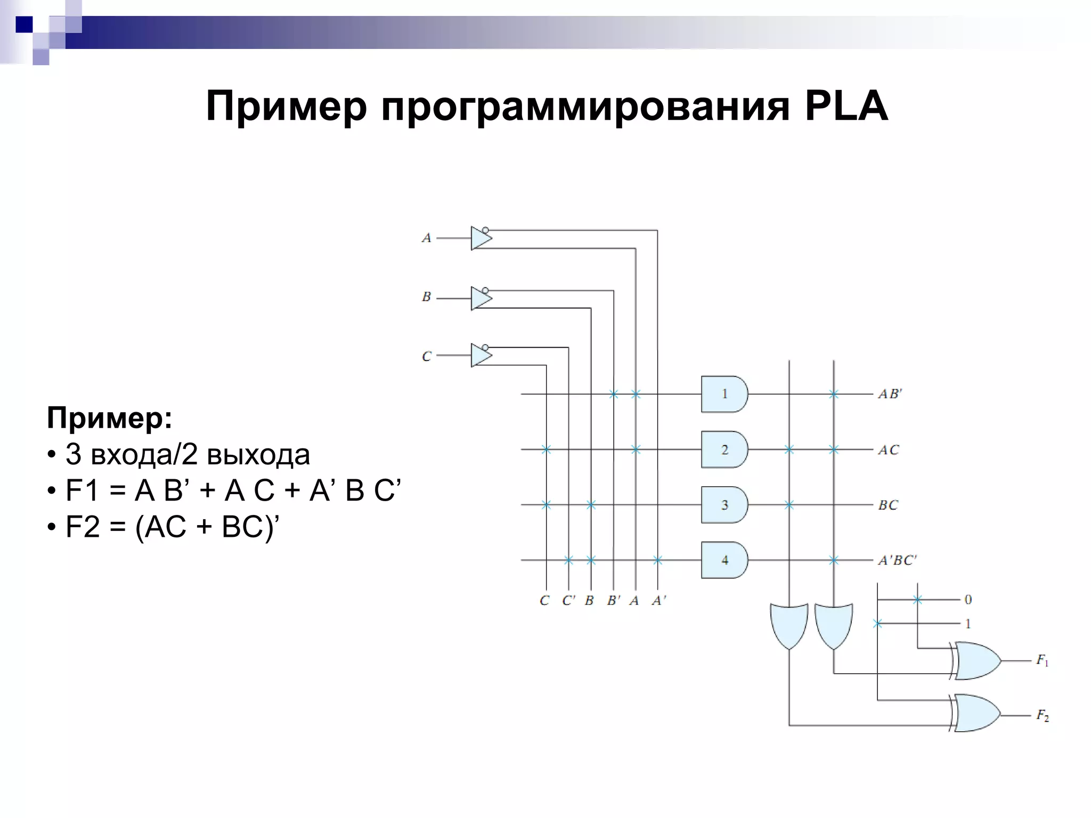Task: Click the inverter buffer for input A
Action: tap(481, 238)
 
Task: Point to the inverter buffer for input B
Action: tap(481, 298)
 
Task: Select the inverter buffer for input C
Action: tap(481, 355)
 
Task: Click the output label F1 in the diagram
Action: tap(1042, 661)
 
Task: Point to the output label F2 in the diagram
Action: tap(1042, 715)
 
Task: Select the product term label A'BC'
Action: tap(897, 560)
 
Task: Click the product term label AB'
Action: tap(890, 394)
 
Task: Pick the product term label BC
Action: tap(888, 505)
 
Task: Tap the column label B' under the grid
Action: tap(614, 601)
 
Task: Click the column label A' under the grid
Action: tap(659, 601)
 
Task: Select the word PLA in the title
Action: tap(846, 107)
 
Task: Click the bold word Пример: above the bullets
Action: tap(110, 418)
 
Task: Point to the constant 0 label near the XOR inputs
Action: tap(968, 600)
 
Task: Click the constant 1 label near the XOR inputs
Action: tap(968, 624)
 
